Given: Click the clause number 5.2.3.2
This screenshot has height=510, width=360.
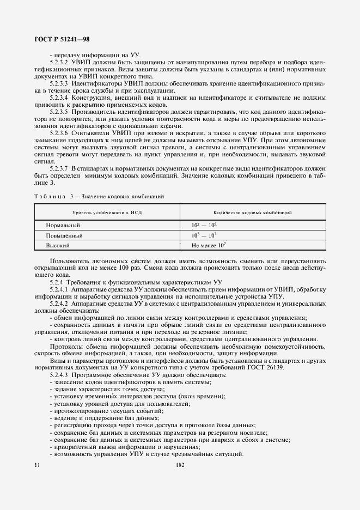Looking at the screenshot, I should (59, 63).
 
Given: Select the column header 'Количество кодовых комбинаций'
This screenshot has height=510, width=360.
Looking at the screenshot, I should (252, 211).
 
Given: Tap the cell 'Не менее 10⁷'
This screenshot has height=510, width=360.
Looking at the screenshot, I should (209, 246).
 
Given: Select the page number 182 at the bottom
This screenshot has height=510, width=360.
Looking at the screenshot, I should (180, 465).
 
